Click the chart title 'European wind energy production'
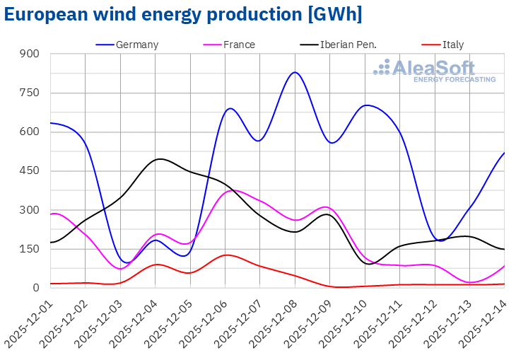[x=182, y=15]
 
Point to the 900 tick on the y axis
[x=30, y=54]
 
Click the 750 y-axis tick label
[x=30, y=93]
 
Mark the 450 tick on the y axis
[x=30, y=171]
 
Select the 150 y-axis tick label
[x=30, y=249]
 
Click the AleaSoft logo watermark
[x=434, y=71]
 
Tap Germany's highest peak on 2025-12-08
[x=295, y=72]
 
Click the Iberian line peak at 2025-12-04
[x=160, y=159]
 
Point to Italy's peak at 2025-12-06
[x=225, y=255]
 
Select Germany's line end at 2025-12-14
[x=504, y=153]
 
